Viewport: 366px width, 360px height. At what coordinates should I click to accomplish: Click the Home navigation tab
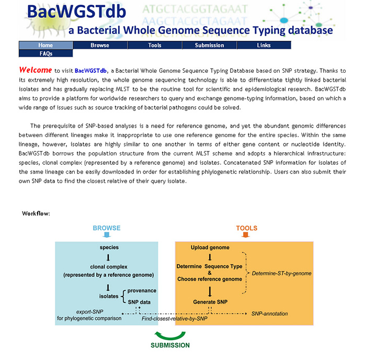click(46, 45)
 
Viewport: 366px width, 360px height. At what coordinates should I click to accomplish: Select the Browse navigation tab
click(100, 45)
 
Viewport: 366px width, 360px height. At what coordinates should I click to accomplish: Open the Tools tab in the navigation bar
click(155, 45)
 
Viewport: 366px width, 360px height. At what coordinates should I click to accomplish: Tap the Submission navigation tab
click(209, 45)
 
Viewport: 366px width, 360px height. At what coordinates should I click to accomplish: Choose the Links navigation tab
click(264, 45)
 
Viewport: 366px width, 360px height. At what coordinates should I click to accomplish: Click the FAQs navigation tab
click(46, 53)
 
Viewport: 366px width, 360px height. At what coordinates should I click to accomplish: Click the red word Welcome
click(36, 70)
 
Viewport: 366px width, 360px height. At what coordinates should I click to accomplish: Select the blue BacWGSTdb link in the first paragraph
click(90, 71)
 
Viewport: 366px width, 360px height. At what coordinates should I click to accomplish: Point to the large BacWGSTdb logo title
click(76, 11)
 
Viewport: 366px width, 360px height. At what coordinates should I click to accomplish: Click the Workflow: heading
click(36, 213)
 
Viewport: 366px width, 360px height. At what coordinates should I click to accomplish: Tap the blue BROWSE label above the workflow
click(107, 228)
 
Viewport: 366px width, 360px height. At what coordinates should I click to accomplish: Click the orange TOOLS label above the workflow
click(247, 228)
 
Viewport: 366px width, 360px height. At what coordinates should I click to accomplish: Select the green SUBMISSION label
click(170, 345)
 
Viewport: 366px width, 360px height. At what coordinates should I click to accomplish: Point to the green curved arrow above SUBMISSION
click(170, 337)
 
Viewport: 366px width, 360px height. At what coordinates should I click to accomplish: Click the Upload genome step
click(210, 248)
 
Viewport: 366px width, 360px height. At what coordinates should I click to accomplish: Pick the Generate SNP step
click(210, 302)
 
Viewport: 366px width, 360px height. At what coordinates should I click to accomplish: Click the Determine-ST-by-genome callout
click(281, 273)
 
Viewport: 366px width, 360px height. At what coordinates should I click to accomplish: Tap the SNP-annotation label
click(270, 313)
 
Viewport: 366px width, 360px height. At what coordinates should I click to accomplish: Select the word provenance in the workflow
click(142, 290)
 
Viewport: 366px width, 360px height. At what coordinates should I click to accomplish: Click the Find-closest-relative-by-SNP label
click(174, 319)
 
